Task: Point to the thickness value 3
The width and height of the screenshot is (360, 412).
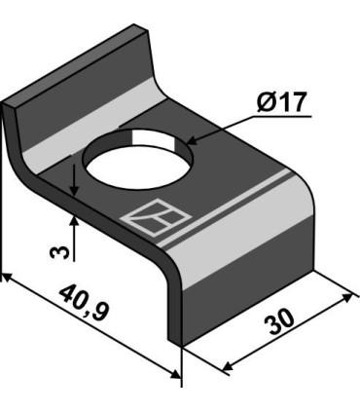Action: pyautogui.click(x=59, y=253)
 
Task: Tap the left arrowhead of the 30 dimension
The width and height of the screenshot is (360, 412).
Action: pyautogui.click(x=230, y=367)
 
